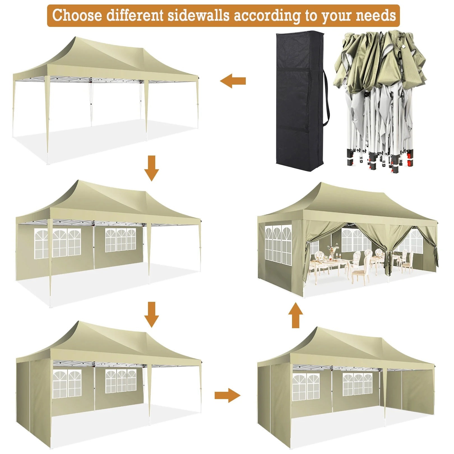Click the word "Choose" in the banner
pyautogui.click(x=77, y=15)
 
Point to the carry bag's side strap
pyautogui.click(x=326, y=98)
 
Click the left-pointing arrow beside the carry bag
pyautogui.click(x=233, y=81)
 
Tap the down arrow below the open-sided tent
pyautogui.click(x=151, y=168)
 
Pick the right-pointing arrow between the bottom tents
pyautogui.click(x=227, y=395)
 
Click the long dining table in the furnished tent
pyautogui.click(x=329, y=263)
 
